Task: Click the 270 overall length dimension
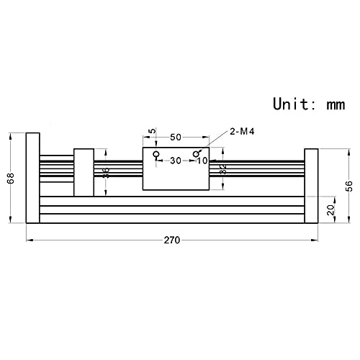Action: [172, 240]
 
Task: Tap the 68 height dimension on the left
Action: [11, 178]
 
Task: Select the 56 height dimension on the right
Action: [349, 186]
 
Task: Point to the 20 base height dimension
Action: [331, 210]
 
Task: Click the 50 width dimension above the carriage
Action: [176, 138]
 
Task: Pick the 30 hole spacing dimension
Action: [176, 161]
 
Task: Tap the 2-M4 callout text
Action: [242, 132]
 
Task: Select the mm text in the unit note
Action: [336, 105]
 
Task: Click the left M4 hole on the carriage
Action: [157, 153]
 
